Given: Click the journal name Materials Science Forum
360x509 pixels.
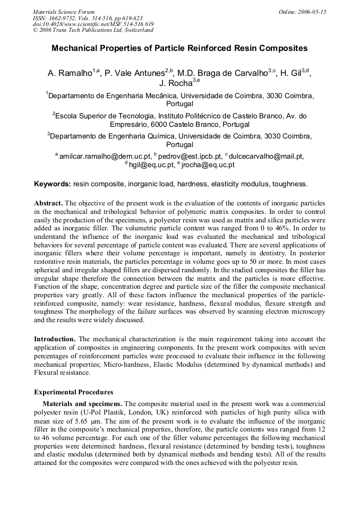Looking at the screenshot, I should coord(64,12).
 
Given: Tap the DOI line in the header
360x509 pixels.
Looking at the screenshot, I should coord(93,24).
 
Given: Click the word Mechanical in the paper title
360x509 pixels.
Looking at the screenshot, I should coord(73,48).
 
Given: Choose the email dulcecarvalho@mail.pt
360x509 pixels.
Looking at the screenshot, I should coord(266,156).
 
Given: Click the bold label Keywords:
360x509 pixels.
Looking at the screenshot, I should coord(52,184).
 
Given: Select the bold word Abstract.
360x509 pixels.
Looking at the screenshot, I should coord(48,203).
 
